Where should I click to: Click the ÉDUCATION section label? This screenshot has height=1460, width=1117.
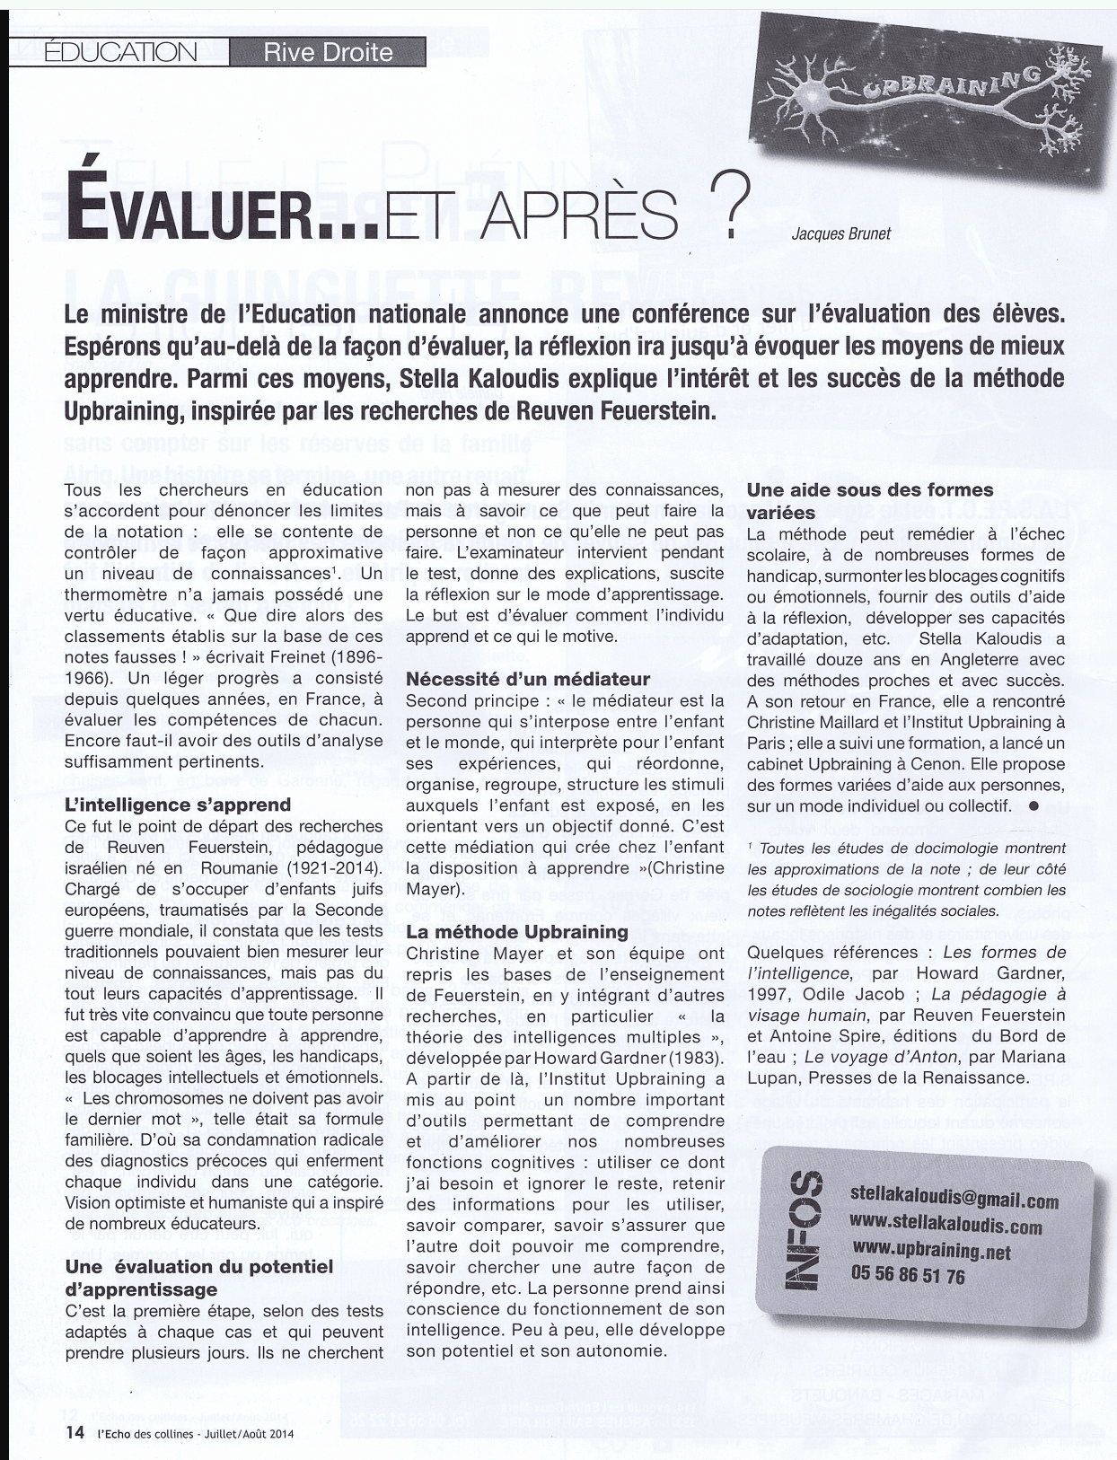[x=120, y=51]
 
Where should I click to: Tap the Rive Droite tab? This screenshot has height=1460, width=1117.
[x=328, y=52]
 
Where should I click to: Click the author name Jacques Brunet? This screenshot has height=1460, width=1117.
[x=840, y=233]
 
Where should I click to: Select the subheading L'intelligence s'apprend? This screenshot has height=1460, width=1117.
[x=178, y=804]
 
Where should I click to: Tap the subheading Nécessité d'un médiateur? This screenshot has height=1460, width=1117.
[x=528, y=679]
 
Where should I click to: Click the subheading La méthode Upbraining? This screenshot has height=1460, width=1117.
[x=517, y=932]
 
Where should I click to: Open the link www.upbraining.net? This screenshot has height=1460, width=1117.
[x=931, y=1251]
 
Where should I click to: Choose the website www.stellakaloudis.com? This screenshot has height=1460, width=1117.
[x=945, y=1226]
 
